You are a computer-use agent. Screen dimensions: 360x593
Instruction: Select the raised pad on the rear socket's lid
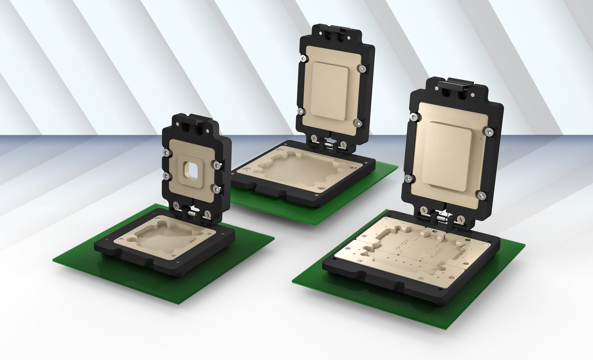(331, 91)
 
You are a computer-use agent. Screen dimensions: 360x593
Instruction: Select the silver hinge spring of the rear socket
(328, 144)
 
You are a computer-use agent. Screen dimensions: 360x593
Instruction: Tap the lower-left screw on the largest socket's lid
(408, 178)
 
